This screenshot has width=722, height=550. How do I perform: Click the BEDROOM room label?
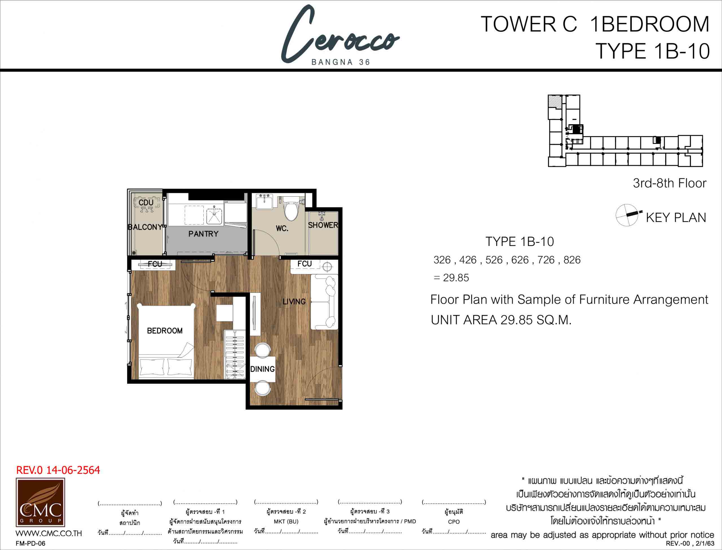[x=165, y=331]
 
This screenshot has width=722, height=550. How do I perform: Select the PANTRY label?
[x=203, y=234]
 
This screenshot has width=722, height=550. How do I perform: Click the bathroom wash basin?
[x=264, y=201]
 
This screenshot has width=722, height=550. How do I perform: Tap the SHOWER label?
[x=323, y=225]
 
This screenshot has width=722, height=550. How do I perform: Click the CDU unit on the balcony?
[x=147, y=204]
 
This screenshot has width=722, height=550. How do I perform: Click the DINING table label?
[x=262, y=369]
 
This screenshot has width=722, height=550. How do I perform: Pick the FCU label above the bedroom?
[x=155, y=264]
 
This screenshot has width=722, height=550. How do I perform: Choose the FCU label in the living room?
[x=304, y=263]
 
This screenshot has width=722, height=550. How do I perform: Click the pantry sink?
[x=214, y=216]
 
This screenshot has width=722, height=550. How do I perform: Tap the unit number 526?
[x=494, y=260]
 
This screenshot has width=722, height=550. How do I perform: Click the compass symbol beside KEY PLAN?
[x=627, y=215]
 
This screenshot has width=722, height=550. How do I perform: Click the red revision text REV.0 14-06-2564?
[x=58, y=470]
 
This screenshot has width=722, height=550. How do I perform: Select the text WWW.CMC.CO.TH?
[x=49, y=533]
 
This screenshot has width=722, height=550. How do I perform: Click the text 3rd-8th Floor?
[x=670, y=183]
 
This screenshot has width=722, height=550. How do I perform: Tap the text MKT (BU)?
[x=286, y=522]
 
